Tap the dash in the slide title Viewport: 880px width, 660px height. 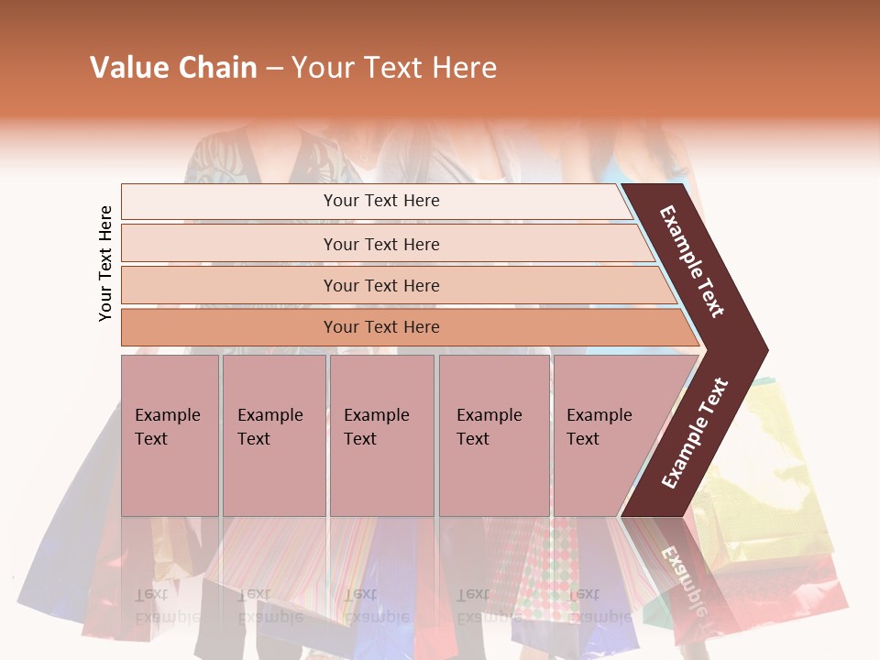tap(274, 69)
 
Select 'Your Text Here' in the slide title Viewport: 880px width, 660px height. tap(394, 68)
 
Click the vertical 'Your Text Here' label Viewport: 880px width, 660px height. tap(105, 263)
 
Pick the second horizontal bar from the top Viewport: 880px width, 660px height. tap(381, 244)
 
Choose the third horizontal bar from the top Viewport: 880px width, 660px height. tap(381, 285)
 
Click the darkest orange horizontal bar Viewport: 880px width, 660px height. tap(381, 327)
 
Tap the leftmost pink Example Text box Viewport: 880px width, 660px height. tap(170, 434)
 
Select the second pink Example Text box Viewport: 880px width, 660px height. tap(273, 434)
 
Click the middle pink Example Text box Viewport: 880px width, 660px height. tap(381, 434)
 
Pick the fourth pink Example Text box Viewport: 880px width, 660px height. tap(493, 434)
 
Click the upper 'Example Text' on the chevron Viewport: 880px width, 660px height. tap(692, 261)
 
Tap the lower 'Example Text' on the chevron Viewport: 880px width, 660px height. tap(695, 434)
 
